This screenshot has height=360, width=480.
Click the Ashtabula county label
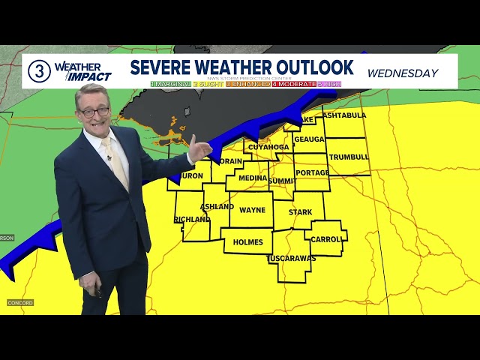tap(345, 115)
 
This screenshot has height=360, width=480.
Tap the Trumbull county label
tap(349, 157)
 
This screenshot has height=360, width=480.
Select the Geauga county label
tap(308, 139)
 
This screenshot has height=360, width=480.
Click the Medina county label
tap(252, 178)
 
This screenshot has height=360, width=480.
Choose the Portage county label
tap(312, 172)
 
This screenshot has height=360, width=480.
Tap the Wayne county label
tap(252, 211)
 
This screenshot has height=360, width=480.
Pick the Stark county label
tap(300, 212)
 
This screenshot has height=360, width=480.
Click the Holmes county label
tap(248, 242)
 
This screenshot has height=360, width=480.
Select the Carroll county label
tap(327, 239)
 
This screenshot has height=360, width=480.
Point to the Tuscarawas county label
tap(291, 259)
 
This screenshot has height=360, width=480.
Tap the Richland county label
tap(192, 219)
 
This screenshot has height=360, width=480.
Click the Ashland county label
tap(217, 206)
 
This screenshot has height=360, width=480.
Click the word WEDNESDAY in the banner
tap(403, 73)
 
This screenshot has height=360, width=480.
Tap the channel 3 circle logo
tap(39, 71)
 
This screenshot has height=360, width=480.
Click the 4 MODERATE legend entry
tap(293, 84)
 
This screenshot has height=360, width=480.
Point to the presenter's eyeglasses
tap(95, 112)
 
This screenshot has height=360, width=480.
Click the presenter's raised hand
tap(199, 148)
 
